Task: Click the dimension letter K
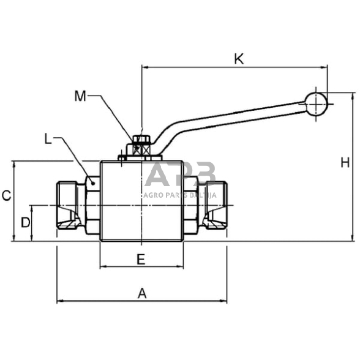239,59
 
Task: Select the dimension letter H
345,162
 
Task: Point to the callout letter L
49,139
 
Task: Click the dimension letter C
6,196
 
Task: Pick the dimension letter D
25,222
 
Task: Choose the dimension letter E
141,260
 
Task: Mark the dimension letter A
142,294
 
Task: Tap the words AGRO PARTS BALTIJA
180,195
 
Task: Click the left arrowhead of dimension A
59,301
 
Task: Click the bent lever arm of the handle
233,118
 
